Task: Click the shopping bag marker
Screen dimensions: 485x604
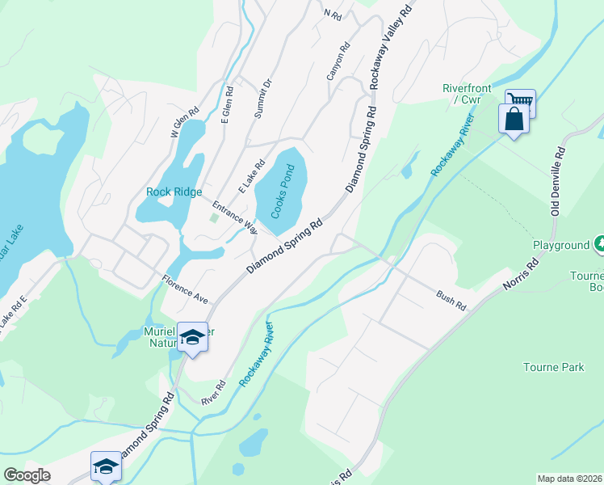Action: (514, 120)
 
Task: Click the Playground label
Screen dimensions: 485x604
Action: (560, 245)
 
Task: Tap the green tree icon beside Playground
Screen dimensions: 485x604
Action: (599, 242)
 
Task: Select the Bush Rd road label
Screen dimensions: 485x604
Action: (451, 302)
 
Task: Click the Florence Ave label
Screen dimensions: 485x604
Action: (185, 289)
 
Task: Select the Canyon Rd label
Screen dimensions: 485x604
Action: (338, 61)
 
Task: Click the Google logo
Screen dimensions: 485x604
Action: (27, 475)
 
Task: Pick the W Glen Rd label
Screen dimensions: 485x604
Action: (184, 124)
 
